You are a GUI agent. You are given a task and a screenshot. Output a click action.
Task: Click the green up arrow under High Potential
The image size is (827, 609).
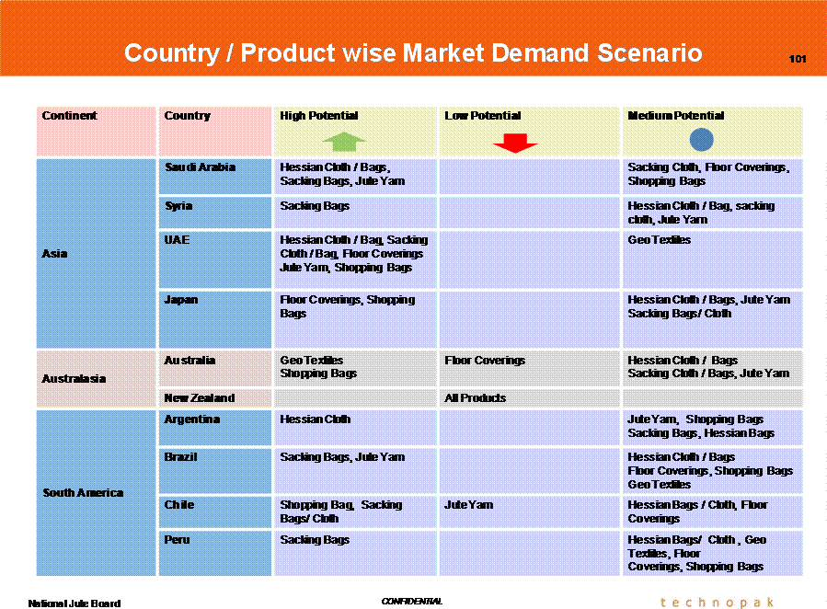point(344,142)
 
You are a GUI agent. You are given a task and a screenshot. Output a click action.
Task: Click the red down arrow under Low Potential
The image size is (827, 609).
point(515,143)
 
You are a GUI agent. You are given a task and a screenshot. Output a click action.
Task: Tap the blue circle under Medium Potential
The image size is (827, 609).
point(702,140)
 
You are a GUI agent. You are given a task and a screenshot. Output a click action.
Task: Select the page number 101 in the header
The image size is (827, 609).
point(798,59)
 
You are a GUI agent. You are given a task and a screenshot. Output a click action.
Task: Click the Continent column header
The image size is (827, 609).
point(69,116)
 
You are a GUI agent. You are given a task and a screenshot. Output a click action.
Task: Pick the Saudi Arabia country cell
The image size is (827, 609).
point(200,167)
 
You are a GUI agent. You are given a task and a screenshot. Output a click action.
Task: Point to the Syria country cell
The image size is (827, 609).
point(178,206)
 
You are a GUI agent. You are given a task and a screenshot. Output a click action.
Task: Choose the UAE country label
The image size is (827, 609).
point(177,240)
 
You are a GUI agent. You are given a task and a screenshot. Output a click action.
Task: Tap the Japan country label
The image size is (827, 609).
point(181,300)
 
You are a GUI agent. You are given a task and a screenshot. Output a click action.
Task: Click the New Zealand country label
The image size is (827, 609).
point(200,398)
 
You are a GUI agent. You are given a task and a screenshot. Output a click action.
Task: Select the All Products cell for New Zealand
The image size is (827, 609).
point(476,398)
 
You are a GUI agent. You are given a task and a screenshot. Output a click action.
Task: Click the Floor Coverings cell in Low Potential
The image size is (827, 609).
point(485,360)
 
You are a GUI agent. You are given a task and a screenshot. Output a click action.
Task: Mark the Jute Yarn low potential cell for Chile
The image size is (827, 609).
point(469,505)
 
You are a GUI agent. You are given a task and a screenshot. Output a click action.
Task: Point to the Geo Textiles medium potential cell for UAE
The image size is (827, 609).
point(660,240)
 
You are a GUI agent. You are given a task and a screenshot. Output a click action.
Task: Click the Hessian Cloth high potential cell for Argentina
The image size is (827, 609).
point(315,419)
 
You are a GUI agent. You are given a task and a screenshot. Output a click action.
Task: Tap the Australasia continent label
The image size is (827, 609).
point(74,379)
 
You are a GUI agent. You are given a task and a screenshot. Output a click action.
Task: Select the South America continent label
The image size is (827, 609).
point(83,492)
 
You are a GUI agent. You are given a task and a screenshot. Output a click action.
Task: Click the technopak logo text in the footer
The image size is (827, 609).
point(718,603)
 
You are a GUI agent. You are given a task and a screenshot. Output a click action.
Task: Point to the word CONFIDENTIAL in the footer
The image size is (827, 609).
point(412,601)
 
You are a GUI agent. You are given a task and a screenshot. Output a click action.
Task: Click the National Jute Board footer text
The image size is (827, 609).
point(75,603)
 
